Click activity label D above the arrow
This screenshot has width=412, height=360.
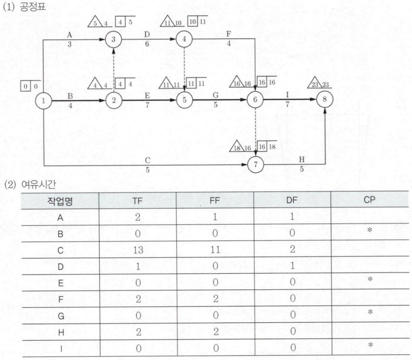click(147, 34)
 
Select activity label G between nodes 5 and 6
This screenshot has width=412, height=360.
click(215, 95)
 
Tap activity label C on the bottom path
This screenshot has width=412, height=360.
click(148, 160)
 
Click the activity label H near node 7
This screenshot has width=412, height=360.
click(302, 160)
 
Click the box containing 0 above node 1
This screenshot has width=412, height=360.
click(26, 86)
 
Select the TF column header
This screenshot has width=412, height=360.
click(137, 201)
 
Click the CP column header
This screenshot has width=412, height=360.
click(369, 200)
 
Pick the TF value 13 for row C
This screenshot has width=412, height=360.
click(138, 250)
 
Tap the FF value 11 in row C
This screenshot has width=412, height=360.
click(215, 249)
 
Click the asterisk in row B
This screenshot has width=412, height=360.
click(370, 230)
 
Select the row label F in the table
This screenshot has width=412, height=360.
click(61, 300)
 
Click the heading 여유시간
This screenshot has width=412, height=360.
click(39, 185)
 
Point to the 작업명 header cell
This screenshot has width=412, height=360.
click(60, 201)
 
